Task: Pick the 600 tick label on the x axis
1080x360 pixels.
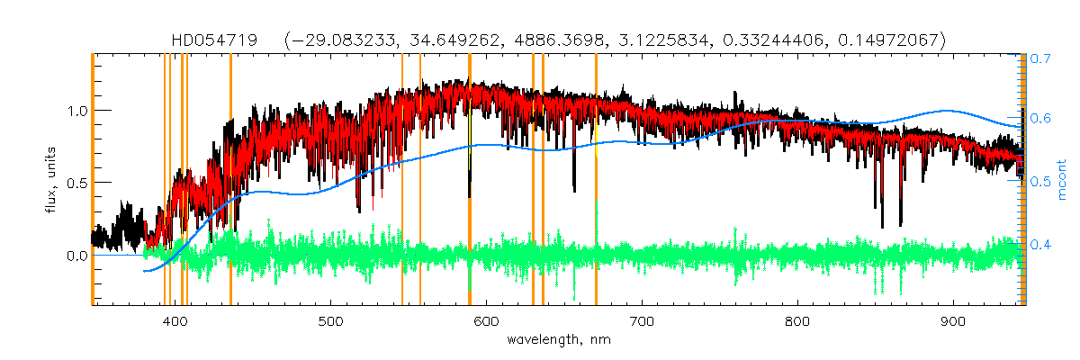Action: point(486,322)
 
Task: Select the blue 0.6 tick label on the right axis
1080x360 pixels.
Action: point(1040,119)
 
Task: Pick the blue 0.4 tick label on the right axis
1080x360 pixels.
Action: point(1040,244)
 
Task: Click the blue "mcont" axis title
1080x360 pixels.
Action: point(1063,180)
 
